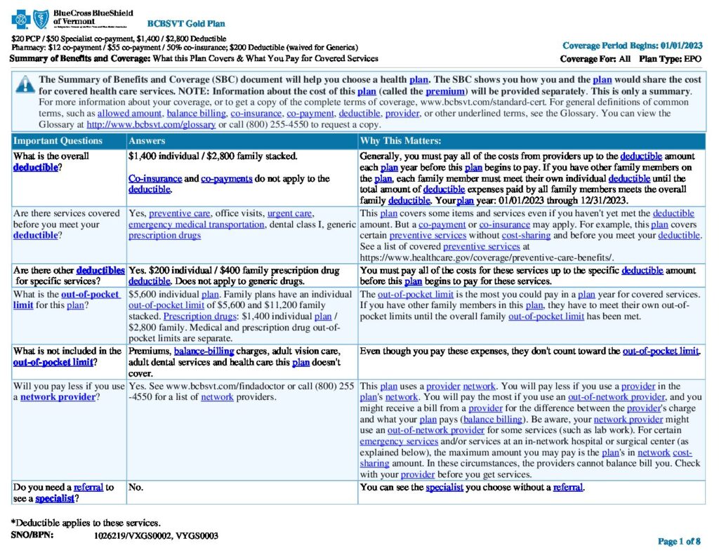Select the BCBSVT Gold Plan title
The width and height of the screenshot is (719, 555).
click(x=176, y=24)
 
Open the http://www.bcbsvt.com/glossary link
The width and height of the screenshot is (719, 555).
click(x=151, y=125)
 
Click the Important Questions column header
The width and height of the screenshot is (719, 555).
click(x=58, y=141)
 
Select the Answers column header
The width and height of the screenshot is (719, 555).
click(x=147, y=141)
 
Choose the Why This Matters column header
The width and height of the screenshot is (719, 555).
click(x=400, y=141)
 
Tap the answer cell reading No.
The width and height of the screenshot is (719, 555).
click(x=136, y=487)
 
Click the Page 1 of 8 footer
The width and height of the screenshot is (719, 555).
click(x=679, y=541)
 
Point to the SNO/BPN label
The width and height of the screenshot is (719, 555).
click(x=32, y=535)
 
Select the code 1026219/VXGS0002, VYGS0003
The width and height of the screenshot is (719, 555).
click(x=156, y=535)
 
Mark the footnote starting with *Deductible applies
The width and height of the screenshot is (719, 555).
click(x=86, y=523)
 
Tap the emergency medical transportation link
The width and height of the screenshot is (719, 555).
click(x=197, y=225)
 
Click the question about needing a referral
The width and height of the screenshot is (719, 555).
click(x=63, y=493)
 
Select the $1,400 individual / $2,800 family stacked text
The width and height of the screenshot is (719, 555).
click(x=213, y=156)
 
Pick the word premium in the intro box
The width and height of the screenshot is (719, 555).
click(x=445, y=92)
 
